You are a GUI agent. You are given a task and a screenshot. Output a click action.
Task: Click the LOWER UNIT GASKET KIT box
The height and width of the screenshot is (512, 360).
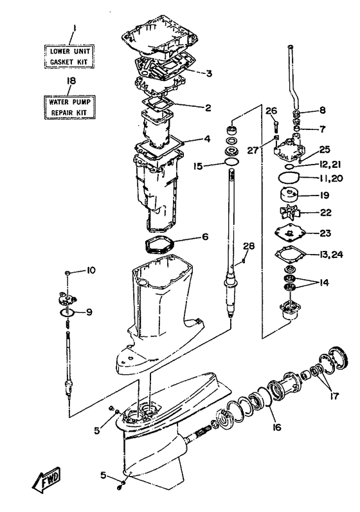pyautogui.click(x=70, y=57)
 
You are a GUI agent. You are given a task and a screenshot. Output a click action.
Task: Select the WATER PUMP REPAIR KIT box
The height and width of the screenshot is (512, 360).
pyautogui.click(x=69, y=107)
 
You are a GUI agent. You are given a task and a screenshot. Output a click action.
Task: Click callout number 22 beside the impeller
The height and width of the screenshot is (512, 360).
pyautogui.click(x=325, y=212)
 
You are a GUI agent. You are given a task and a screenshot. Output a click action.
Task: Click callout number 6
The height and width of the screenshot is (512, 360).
pyautogui.click(x=205, y=236)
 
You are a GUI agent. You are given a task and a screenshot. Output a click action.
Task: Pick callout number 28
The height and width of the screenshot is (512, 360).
pyautogui.click(x=249, y=246)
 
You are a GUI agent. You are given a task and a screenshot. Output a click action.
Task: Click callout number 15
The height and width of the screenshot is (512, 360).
pyautogui.click(x=198, y=166)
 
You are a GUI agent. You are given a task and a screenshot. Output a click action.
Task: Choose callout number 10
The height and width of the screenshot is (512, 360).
pyautogui.click(x=91, y=270)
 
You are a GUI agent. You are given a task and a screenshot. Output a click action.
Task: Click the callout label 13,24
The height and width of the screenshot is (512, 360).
pyautogui.click(x=331, y=254)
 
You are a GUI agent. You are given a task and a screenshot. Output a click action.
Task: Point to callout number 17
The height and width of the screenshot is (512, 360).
pyautogui.click(x=334, y=396)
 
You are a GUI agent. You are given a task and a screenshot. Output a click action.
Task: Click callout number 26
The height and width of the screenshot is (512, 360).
pyautogui.click(x=271, y=111)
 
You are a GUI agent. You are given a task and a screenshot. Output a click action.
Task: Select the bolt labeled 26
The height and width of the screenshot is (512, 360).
pyautogui.click(x=276, y=124)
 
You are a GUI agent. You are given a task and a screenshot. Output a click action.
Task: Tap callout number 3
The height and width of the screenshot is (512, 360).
pyautogui.click(x=209, y=73)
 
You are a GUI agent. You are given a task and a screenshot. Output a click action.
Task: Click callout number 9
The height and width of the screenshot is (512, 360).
pyautogui.click(x=89, y=312)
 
